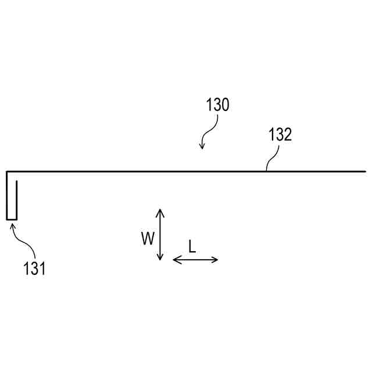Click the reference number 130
pyautogui.click(x=217, y=105)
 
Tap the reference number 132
pyautogui.click(x=280, y=135)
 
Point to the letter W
pyautogui.click(x=148, y=237)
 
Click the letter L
pyautogui.click(x=192, y=246)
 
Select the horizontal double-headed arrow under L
pyautogui.click(x=196, y=260)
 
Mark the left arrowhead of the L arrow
pyautogui.click(x=176, y=260)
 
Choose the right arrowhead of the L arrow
pyautogui.click(x=216, y=260)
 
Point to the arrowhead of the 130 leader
pyautogui.click(x=202, y=147)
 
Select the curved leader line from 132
pyautogui.click(x=271, y=158)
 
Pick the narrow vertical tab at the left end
pyautogui.click(x=12, y=198)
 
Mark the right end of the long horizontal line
pyautogui.click(x=364, y=171)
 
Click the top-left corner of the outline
pyautogui.click(x=8, y=171)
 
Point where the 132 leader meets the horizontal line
pyautogui.click(x=266, y=171)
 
